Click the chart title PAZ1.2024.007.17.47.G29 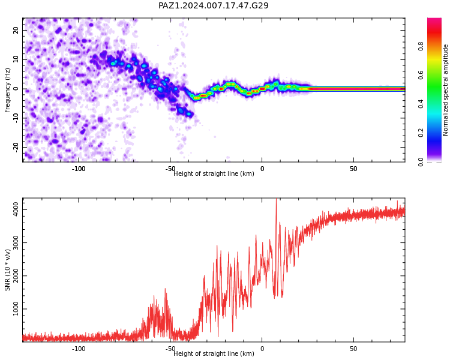[x=214, y=5]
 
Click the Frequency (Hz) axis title [x=7, y=90]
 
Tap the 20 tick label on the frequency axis [x=16, y=30]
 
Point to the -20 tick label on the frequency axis [x=16, y=148]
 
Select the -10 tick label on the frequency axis [x=16, y=118]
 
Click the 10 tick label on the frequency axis [x=16, y=59]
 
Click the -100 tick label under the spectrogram [x=79, y=169]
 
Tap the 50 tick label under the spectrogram [x=353, y=169]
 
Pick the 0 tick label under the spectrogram [x=262, y=169]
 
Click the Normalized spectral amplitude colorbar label [x=445, y=90]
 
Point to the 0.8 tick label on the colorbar [x=421, y=46]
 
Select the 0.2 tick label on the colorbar [x=421, y=133]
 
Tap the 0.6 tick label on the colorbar [x=421, y=75]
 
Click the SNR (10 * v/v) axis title [x=7, y=270]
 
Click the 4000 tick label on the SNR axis [x=16, y=209]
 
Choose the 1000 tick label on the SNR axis [x=16, y=308]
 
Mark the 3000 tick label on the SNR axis [x=16, y=242]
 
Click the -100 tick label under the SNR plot [x=79, y=349]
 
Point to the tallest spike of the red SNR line [x=277, y=199]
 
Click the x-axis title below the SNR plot [x=214, y=353]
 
